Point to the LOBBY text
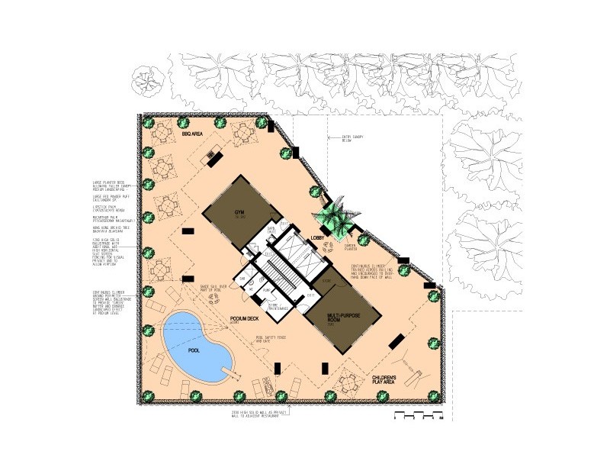(319, 239)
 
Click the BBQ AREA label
(191, 134)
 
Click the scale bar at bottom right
(416, 416)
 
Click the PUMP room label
(266, 291)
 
